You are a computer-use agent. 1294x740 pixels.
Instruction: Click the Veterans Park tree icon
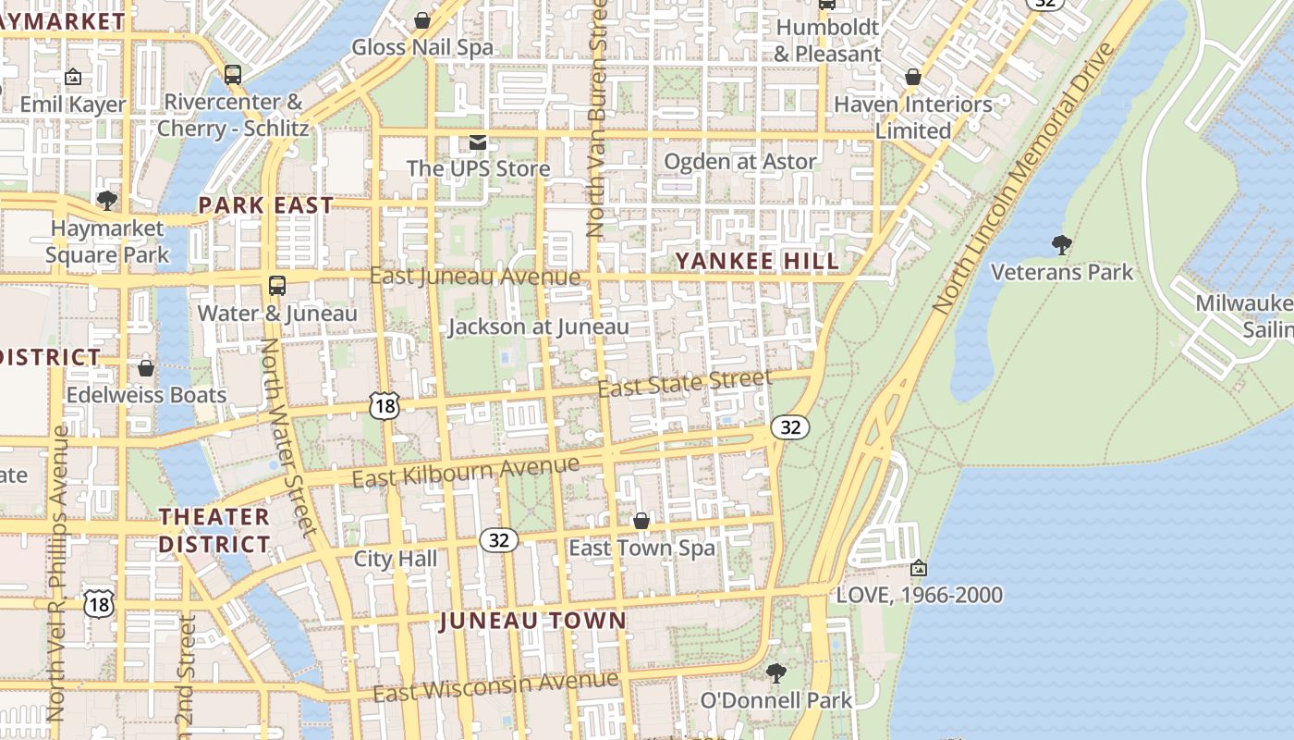point(1062,245)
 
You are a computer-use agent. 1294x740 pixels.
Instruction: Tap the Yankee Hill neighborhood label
point(758,261)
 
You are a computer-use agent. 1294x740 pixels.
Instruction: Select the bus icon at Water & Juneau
point(277,286)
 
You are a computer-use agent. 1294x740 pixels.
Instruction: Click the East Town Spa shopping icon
point(641,521)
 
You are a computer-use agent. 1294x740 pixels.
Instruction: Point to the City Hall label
point(396,559)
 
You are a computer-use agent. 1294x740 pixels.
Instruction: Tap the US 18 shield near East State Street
point(384,405)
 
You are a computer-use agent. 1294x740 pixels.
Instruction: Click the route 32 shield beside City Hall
point(498,540)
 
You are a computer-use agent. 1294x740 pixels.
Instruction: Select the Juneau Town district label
point(533,621)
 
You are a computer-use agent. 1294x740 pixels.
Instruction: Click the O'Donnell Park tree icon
point(776,672)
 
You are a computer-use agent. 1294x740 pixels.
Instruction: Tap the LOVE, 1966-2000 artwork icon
point(918,568)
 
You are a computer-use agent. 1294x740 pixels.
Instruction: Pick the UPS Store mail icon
point(478,142)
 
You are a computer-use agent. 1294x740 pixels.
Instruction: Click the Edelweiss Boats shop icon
point(145,368)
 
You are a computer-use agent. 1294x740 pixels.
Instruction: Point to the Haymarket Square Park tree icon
point(107,201)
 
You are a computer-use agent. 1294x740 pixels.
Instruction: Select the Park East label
point(266,205)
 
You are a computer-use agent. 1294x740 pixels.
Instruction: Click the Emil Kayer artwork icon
point(73,78)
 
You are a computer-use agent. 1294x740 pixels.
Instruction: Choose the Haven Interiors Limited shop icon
point(913,78)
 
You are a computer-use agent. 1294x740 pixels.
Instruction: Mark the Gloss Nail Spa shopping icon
point(422,20)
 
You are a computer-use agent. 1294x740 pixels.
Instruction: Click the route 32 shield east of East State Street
point(790,426)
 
